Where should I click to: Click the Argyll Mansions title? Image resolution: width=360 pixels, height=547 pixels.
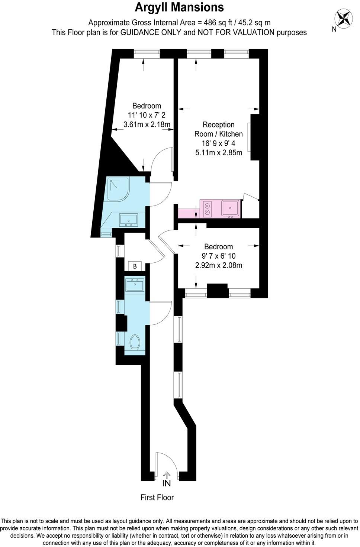click(179, 7)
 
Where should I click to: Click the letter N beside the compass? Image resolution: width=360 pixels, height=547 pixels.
click(334, 29)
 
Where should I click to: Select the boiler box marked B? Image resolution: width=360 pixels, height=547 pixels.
click(135, 266)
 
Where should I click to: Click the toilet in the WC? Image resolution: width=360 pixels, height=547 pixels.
click(135, 342)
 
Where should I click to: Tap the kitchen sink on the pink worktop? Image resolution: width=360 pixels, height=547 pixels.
click(230, 208)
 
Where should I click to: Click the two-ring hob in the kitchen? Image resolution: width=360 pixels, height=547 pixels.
click(208, 209)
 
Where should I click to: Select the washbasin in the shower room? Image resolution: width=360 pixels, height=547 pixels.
click(129, 220)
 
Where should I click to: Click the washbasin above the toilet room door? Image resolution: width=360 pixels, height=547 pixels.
click(135, 285)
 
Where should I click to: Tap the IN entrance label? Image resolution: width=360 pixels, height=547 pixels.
click(167, 483)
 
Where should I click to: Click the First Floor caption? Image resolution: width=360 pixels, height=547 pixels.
click(157, 498)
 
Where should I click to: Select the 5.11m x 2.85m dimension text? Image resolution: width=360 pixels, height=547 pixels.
click(219, 153)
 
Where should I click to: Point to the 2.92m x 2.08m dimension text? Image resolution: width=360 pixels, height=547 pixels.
click(219, 265)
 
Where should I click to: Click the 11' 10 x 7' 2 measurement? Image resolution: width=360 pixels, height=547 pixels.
click(147, 115)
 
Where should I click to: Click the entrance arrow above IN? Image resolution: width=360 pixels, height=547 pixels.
click(167, 475)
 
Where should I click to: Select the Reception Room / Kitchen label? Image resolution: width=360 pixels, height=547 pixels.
click(219, 129)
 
